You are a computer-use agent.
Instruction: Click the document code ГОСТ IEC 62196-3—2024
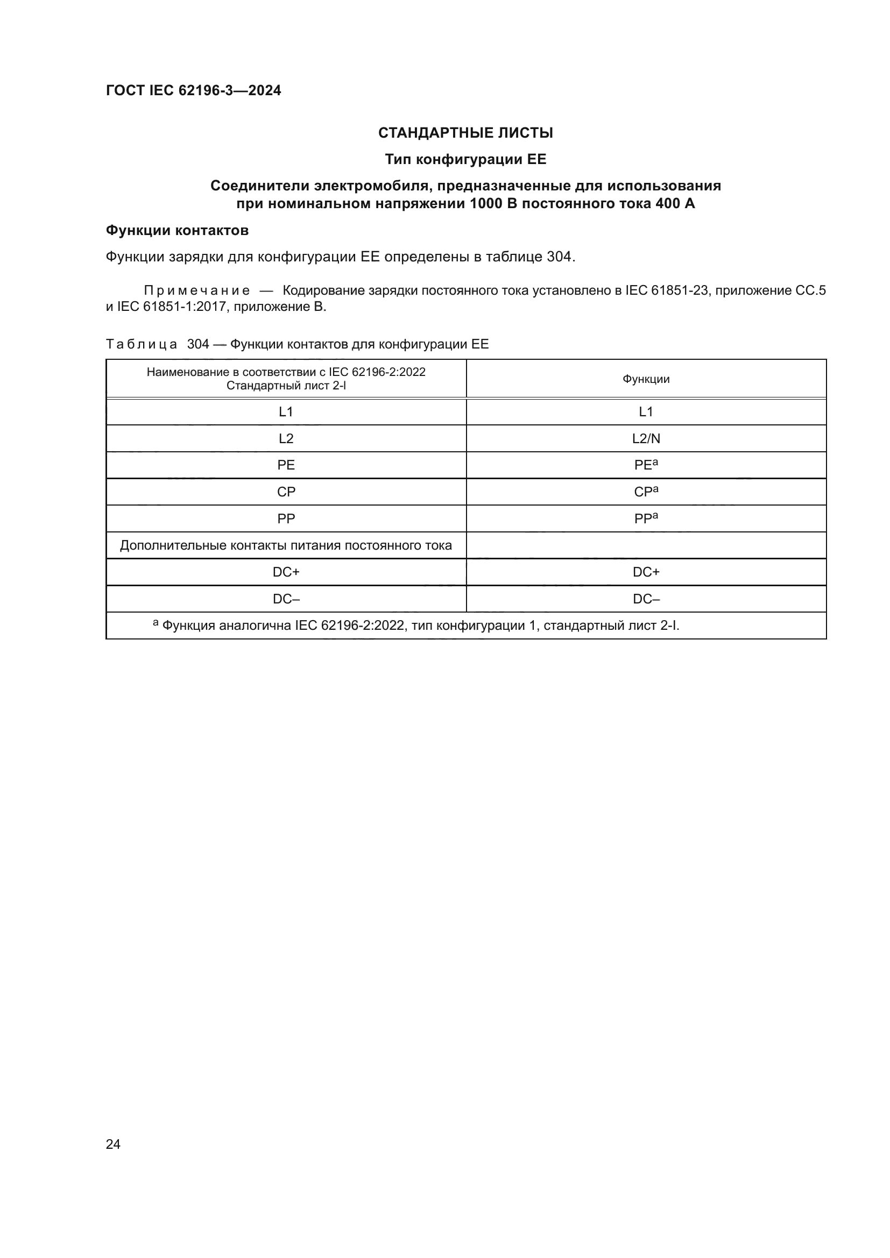pyautogui.click(x=193, y=90)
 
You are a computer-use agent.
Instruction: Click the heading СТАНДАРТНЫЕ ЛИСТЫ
pyautogui.click(x=465, y=133)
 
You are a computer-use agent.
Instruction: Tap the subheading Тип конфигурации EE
pyautogui.click(x=465, y=159)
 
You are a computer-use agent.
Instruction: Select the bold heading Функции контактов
pyautogui.click(x=177, y=231)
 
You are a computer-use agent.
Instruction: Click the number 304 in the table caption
pyautogui.click(x=198, y=344)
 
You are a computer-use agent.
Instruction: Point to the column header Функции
pyautogui.click(x=646, y=379)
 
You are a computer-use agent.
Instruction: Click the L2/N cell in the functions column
pyautogui.click(x=646, y=438)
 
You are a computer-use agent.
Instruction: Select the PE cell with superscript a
pyautogui.click(x=646, y=465)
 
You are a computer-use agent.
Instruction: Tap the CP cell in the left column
pyautogui.click(x=286, y=492)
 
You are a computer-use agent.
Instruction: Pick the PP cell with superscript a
pyautogui.click(x=646, y=518)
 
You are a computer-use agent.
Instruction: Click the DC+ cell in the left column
pyautogui.click(x=286, y=572)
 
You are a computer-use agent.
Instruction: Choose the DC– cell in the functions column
pyautogui.click(x=646, y=599)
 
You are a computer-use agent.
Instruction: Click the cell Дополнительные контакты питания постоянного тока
pyautogui.click(x=286, y=546)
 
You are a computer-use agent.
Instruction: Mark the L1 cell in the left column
pyautogui.click(x=286, y=412)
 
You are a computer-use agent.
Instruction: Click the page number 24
pyautogui.click(x=113, y=1144)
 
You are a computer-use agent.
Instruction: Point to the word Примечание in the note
pyautogui.click(x=197, y=291)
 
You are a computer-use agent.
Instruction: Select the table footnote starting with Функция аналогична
pyautogui.click(x=416, y=626)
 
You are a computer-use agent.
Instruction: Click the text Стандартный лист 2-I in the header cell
pyautogui.click(x=286, y=386)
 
